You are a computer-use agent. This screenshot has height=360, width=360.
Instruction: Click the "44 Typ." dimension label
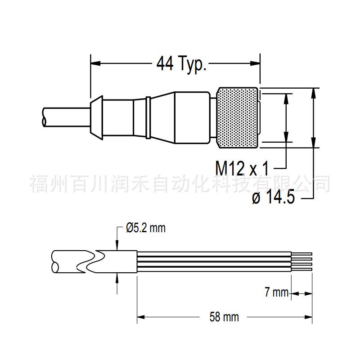click(x=181, y=63)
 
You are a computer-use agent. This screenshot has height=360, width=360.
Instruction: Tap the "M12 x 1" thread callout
click(x=242, y=168)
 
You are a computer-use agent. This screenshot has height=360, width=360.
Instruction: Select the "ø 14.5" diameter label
click(x=273, y=197)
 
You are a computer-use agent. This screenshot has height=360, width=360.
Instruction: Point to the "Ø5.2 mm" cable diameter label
click(x=145, y=228)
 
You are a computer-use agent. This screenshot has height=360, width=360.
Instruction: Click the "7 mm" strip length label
click(x=276, y=292)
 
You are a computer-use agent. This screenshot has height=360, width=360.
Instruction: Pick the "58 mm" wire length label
click(x=224, y=317)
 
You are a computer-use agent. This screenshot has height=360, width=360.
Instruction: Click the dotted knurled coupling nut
click(x=238, y=117)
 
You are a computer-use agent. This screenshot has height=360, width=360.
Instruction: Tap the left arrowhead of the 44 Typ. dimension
click(x=95, y=63)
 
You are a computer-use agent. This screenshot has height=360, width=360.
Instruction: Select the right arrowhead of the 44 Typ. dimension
click(x=255, y=63)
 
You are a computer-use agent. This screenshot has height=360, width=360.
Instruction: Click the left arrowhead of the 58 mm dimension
click(x=141, y=317)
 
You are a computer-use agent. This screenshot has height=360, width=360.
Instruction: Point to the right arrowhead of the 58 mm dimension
click(x=308, y=317)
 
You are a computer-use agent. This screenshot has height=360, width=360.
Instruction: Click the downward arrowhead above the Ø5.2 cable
click(x=117, y=245)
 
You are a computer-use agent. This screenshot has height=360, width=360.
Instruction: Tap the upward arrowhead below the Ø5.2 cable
click(x=117, y=278)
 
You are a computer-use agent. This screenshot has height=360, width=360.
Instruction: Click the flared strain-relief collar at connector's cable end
click(x=96, y=117)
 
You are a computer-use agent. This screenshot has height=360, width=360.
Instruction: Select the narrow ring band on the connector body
click(x=148, y=117)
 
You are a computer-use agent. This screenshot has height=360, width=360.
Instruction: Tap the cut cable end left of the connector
click(x=45, y=117)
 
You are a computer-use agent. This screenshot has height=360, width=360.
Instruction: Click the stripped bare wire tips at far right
click(x=301, y=261)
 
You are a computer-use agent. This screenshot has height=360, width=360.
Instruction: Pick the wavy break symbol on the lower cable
click(x=91, y=261)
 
